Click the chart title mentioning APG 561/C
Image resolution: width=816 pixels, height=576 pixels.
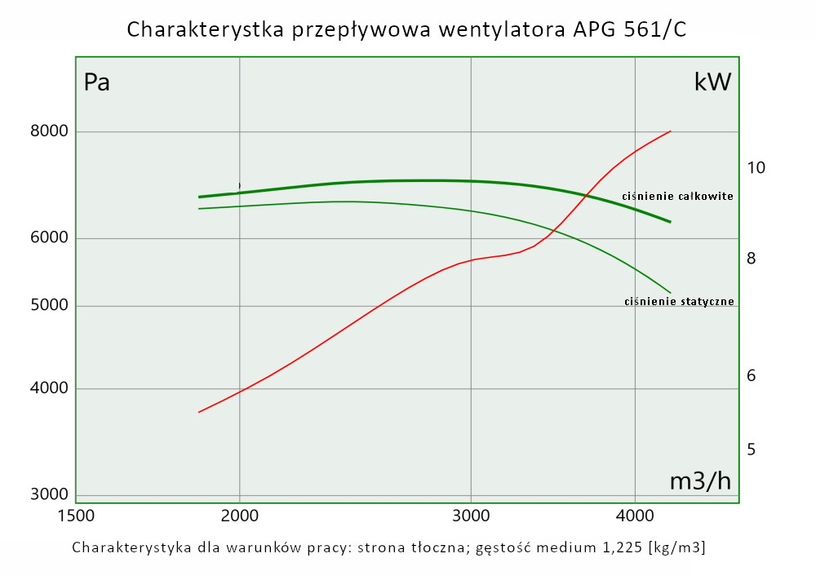pyautogui.click(x=406, y=30)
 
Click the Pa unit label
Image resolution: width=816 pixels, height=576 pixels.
pyautogui.click(x=97, y=82)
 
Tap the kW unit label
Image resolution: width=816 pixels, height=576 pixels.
pyautogui.click(x=712, y=82)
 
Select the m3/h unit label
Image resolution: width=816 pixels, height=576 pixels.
pyautogui.click(x=700, y=481)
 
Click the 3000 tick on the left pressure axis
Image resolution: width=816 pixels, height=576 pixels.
pyautogui.click(x=50, y=494)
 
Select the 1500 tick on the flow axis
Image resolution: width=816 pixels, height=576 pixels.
pyautogui.click(x=76, y=516)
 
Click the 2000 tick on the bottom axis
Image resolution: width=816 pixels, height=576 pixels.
pyautogui.click(x=240, y=516)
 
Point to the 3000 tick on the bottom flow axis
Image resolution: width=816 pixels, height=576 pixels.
pyautogui.click(x=471, y=516)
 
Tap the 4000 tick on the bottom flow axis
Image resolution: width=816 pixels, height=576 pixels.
pyautogui.click(x=635, y=516)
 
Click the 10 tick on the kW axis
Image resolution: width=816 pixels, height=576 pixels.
pyautogui.click(x=756, y=168)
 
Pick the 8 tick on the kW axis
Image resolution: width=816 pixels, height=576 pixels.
pyautogui.click(x=752, y=259)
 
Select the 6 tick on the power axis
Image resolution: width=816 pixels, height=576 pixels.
pyautogui.click(x=752, y=376)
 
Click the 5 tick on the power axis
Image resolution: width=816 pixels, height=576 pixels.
pyautogui.click(x=752, y=450)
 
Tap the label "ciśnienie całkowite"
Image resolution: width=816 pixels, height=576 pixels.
pyautogui.click(x=677, y=197)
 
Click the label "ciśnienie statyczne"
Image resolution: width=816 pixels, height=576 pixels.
pyautogui.click(x=679, y=302)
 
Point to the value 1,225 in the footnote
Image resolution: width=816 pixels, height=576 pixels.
pyautogui.click(x=596, y=547)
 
